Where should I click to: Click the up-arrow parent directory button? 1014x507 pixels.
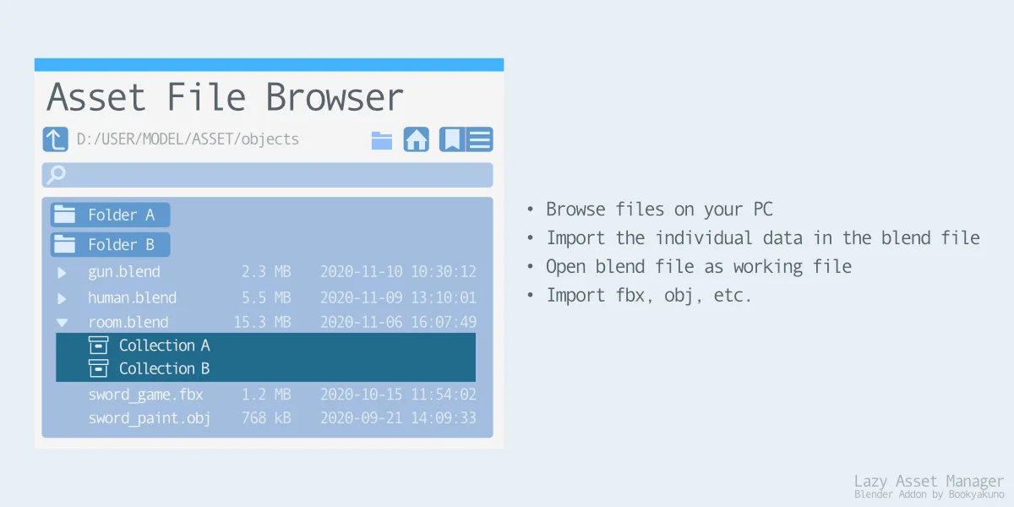tap(55, 139)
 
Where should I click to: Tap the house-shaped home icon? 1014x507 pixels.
tap(416, 139)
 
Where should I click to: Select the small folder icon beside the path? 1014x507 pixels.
tap(382, 140)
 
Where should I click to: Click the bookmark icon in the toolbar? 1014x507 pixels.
tap(452, 139)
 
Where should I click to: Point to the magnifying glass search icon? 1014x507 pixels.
tap(57, 175)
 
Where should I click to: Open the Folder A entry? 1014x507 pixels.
tap(110, 215)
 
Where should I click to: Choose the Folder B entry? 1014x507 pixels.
tap(110, 245)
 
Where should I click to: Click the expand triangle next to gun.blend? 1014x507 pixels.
tap(62, 273)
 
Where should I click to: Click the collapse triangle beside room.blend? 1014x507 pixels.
tap(62, 323)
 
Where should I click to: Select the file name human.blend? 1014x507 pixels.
tap(132, 297)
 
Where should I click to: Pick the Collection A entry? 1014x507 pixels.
tap(164, 345)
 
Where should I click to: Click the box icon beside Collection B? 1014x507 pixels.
tap(99, 368)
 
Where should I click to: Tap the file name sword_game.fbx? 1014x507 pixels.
tap(145, 394)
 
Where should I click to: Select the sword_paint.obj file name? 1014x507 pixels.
tap(149, 418)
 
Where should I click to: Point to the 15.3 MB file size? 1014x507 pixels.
tap(262, 322)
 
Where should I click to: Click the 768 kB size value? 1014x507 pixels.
tap(265, 418)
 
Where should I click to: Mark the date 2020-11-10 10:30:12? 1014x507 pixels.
tap(397, 272)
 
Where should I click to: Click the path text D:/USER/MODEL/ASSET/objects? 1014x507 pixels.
tap(188, 139)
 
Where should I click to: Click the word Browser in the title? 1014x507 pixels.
tap(335, 97)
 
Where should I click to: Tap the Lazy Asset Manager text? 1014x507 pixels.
tap(929, 480)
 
